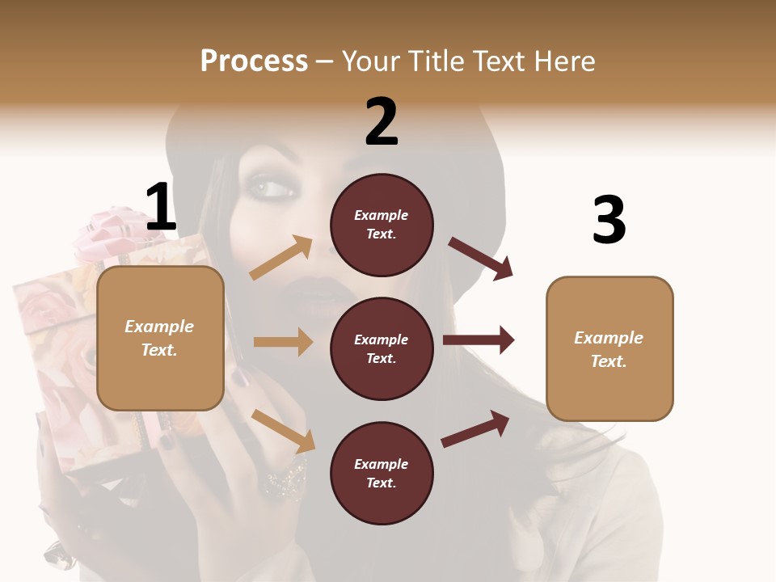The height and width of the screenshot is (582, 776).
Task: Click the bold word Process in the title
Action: point(254,61)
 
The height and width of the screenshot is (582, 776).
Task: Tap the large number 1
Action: point(161,208)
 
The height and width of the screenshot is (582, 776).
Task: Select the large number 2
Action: point(382,122)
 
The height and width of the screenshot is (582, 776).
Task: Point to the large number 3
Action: point(609,220)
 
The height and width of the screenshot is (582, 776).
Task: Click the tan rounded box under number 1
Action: point(160,338)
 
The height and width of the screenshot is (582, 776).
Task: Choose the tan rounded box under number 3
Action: point(609,348)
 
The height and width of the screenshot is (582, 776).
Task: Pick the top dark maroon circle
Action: point(382,225)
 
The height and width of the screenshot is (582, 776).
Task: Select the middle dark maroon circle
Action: point(382,348)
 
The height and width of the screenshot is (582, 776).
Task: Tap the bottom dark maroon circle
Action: point(382,473)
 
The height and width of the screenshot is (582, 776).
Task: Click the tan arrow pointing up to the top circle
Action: point(281,258)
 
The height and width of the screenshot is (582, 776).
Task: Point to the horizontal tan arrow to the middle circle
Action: point(283,342)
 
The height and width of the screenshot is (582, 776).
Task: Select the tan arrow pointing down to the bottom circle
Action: point(283,431)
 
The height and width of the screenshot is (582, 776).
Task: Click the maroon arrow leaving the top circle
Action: point(481,259)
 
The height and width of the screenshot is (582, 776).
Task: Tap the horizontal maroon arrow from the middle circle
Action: point(479,340)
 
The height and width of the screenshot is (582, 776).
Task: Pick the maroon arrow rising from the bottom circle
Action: point(476,428)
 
